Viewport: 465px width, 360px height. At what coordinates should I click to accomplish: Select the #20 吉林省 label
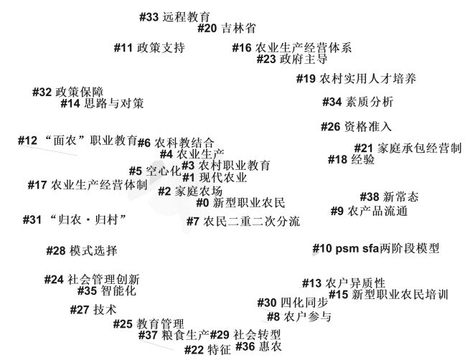click(227, 29)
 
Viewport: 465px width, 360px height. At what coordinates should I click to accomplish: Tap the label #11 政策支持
click(149, 48)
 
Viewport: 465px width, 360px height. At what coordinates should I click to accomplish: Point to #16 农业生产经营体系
click(292, 48)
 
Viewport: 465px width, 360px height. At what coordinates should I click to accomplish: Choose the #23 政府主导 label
click(292, 60)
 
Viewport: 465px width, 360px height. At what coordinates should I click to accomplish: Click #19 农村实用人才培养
click(356, 79)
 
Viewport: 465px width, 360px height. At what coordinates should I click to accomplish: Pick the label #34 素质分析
click(357, 102)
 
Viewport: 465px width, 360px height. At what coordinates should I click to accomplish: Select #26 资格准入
click(356, 127)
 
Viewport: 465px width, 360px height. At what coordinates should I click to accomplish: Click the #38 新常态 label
click(388, 196)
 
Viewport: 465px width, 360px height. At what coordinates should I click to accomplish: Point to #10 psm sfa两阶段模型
click(376, 249)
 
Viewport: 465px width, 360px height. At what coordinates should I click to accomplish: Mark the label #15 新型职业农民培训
click(388, 295)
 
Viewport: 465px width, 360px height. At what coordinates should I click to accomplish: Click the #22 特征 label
click(207, 350)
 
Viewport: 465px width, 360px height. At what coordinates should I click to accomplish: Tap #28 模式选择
click(81, 251)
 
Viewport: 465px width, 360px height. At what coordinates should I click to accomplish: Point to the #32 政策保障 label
click(68, 93)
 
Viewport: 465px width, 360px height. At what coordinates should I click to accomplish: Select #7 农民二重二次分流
click(243, 222)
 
